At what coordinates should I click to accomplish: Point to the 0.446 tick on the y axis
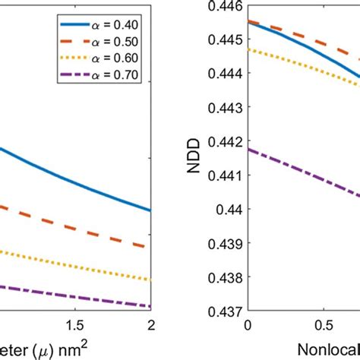[x=225, y=7]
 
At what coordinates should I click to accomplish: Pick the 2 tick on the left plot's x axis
[x=150, y=324]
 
